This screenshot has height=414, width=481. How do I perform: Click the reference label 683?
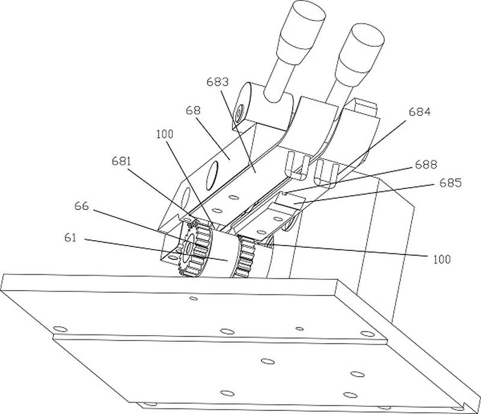pos(218,82)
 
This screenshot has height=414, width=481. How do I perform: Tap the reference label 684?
pos(420,112)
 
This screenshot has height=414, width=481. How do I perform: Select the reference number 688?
pos(426,165)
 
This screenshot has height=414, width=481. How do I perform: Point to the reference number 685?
pos(450,183)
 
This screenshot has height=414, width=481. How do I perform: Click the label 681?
pos(121,161)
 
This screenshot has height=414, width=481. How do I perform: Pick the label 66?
pos(82,206)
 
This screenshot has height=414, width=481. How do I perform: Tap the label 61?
pos(70,238)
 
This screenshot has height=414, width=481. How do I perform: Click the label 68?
pos(193,110)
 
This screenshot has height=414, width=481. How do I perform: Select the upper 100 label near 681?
pos(165,134)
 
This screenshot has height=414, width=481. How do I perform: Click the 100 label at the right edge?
pos(442,259)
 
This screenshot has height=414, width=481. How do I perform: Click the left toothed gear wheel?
pos(194,249)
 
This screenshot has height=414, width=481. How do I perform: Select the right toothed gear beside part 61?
pos(245,257)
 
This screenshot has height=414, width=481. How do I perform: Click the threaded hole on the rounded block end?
pos(239,113)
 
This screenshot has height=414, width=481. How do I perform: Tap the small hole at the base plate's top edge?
pos(194,298)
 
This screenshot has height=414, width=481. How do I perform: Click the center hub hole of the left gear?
pos(189,247)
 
